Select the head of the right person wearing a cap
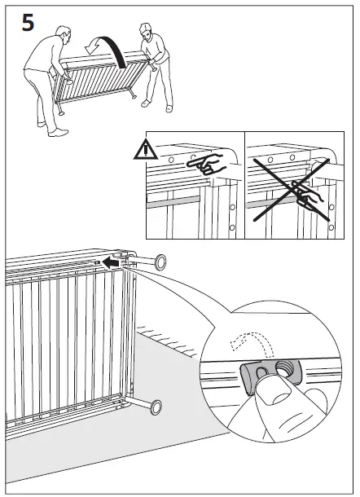pos(146,32)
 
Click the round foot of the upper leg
pos(160,262)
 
